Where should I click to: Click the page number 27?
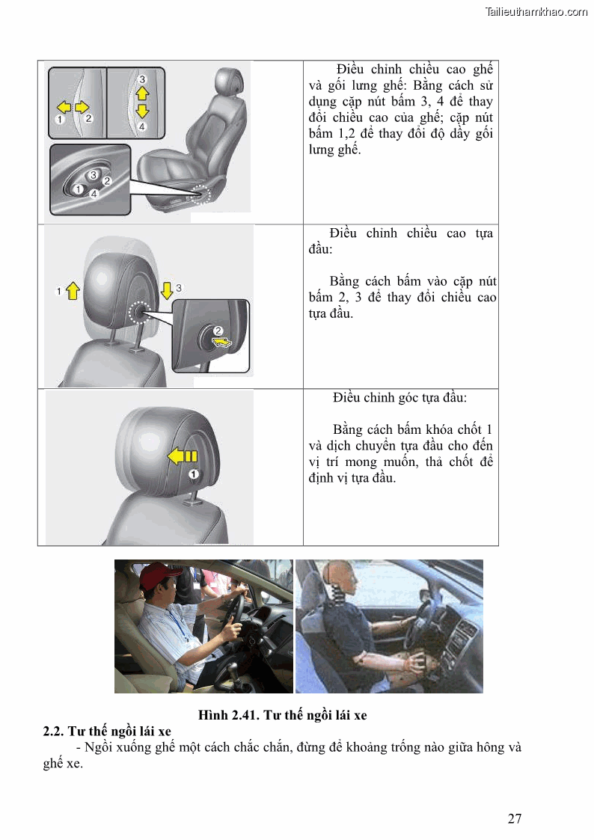coord(514,818)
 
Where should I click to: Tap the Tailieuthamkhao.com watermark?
coord(536,11)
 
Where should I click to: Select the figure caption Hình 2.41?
coord(282,715)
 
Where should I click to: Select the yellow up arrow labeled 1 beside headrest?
coord(73,291)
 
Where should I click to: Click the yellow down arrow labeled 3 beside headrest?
coord(167,289)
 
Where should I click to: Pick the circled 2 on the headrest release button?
coord(218,331)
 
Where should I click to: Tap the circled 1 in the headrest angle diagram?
coord(193,474)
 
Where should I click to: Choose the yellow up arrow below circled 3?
coord(142,93)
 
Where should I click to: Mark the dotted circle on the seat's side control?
coord(200,194)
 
